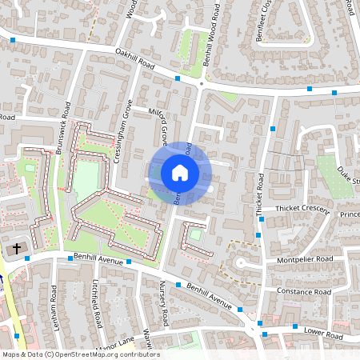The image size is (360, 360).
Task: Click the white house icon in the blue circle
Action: (180, 173)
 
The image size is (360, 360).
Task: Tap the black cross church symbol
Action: (16, 249)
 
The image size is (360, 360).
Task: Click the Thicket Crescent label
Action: (302, 209)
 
